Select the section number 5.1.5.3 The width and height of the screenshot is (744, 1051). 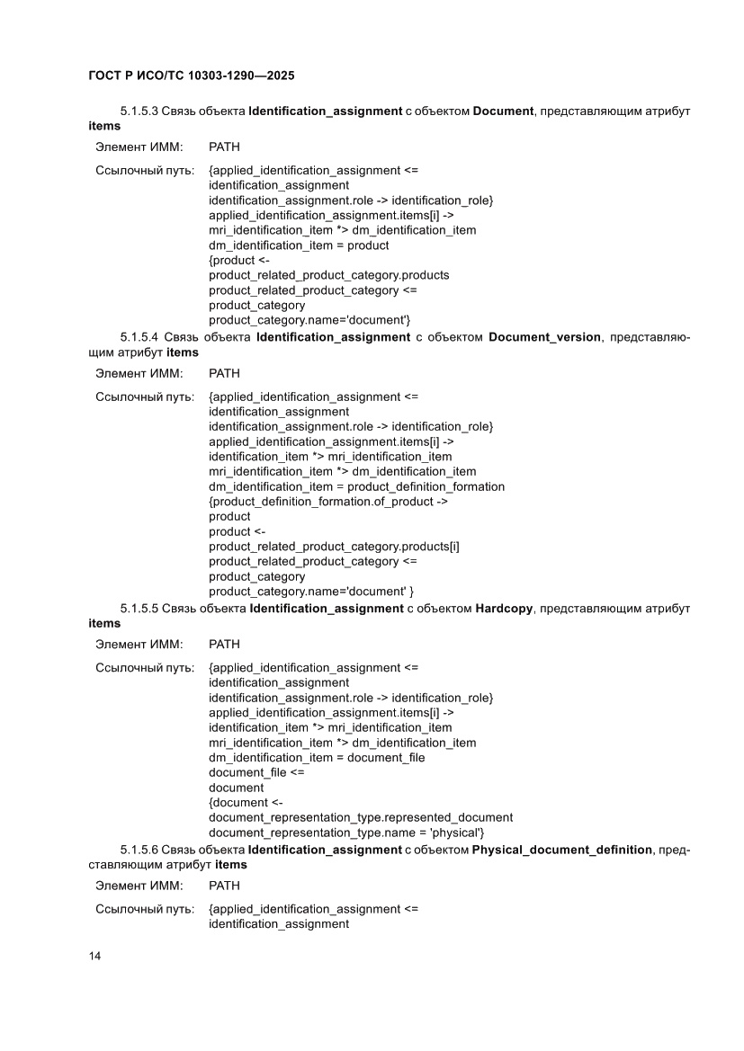(139, 111)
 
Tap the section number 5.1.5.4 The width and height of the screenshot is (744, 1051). (139, 338)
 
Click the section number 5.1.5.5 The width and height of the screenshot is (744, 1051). (139, 609)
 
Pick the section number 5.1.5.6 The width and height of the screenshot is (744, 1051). (139, 850)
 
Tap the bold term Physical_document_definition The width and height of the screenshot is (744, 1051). (562, 850)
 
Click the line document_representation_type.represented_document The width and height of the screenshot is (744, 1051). (361, 817)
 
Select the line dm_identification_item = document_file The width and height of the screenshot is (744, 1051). (317, 757)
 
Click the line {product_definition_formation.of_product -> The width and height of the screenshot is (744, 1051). (328, 502)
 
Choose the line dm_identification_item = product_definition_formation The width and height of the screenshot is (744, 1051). (356, 486)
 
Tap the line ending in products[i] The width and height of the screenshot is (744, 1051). (334, 547)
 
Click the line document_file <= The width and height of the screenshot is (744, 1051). (256, 772)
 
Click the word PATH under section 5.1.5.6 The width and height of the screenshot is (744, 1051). (224, 886)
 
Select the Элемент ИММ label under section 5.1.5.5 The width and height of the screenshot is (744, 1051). (139, 644)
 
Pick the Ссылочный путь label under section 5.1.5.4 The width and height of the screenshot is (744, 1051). (145, 396)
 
